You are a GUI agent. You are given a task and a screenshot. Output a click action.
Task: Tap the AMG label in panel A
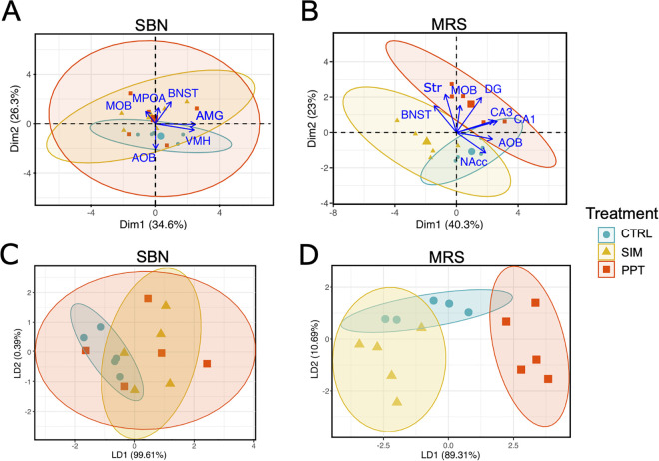210,116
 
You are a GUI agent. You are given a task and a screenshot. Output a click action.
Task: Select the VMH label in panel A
198,141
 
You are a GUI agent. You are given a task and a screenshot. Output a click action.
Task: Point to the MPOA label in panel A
149,98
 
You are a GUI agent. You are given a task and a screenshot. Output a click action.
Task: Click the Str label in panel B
433,88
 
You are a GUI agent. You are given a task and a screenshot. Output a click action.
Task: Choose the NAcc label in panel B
473,162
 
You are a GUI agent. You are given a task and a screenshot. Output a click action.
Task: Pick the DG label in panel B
493,89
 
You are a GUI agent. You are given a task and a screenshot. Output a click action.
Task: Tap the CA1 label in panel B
525,119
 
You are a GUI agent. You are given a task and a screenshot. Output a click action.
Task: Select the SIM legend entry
620,252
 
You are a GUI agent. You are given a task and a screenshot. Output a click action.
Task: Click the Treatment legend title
622,214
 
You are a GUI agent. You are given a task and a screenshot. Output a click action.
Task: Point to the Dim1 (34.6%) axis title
153,224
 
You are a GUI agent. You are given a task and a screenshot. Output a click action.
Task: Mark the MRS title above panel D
446,256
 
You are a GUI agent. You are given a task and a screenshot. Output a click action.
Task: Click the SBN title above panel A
151,26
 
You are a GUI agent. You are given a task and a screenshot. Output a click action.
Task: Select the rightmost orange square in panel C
207,363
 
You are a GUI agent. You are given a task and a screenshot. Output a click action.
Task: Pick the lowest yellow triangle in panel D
397,402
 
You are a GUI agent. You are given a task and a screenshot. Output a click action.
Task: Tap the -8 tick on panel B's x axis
333,213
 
